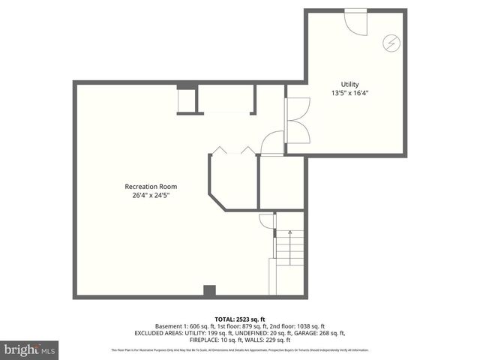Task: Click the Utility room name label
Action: pos(349,84)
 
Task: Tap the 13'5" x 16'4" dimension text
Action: pos(349,93)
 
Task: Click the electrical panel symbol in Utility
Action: pos(390,42)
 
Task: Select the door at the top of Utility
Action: pos(355,19)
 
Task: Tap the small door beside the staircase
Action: pos(267,220)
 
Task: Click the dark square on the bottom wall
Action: pos(210,290)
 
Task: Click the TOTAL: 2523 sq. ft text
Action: pos(240,319)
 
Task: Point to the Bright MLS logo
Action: pos(30,349)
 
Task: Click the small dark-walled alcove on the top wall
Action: pos(187,100)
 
